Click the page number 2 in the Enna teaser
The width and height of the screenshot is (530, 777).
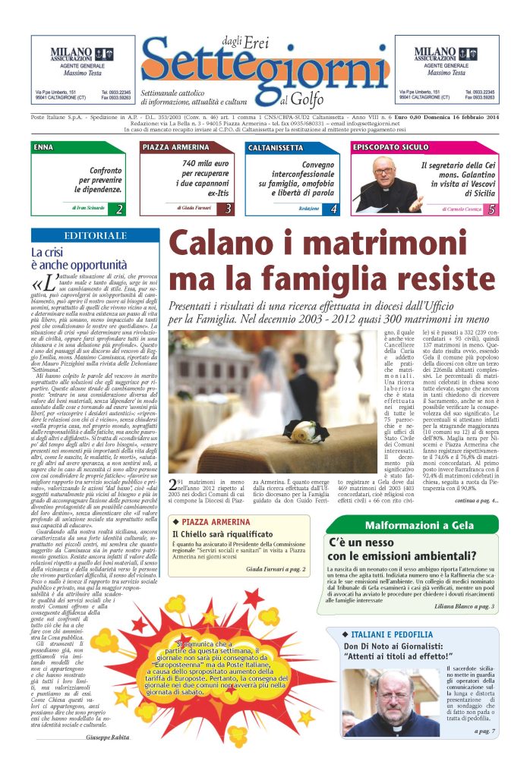(119, 209)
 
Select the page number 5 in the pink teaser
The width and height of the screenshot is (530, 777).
(492, 209)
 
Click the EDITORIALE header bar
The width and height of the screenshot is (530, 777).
(95, 236)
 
